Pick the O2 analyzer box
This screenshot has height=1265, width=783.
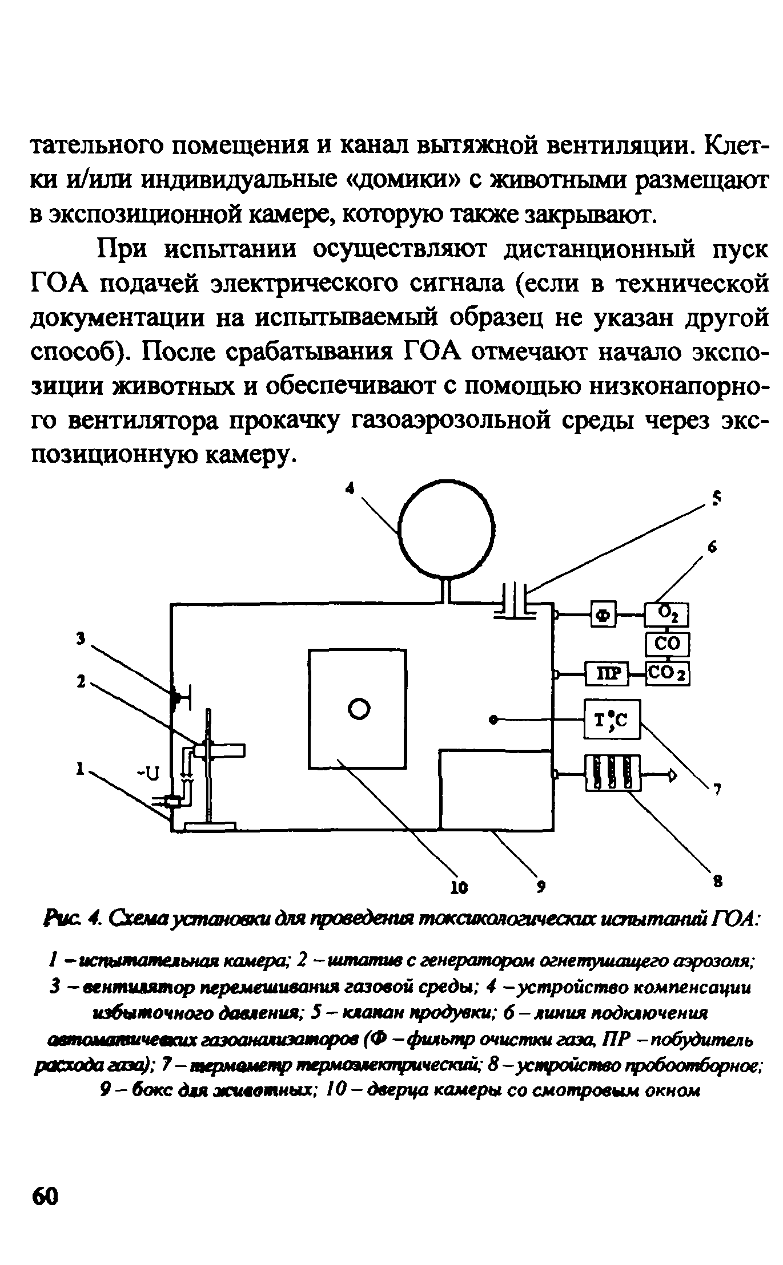click(x=667, y=614)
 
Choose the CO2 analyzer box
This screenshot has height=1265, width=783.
click(x=667, y=674)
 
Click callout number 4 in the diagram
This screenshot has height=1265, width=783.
click(x=352, y=487)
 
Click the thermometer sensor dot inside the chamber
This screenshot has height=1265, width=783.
click(x=493, y=720)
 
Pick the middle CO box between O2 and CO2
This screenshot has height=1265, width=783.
click(x=667, y=644)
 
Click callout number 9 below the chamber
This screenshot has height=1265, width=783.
click(x=541, y=886)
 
